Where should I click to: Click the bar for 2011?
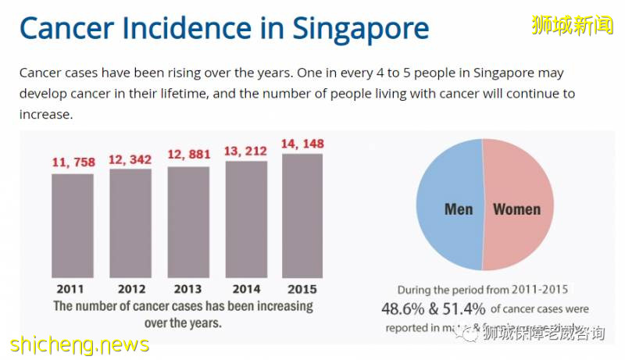[x=73, y=226]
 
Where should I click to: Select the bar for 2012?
[x=130, y=223]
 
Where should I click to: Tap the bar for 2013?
[x=188, y=222]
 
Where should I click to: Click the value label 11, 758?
[x=73, y=162]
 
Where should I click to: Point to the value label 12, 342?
[x=130, y=159]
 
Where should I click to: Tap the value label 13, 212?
[x=246, y=151]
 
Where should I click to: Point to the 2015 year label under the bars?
[x=302, y=289]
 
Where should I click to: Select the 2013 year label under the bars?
[x=188, y=289]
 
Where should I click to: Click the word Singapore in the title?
[x=361, y=29]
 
